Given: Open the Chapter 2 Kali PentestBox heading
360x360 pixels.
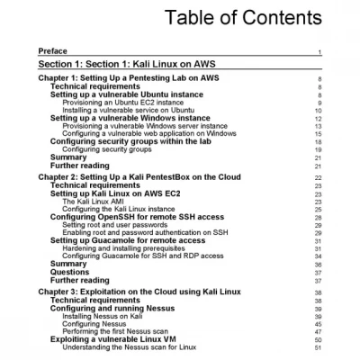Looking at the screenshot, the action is (144, 177).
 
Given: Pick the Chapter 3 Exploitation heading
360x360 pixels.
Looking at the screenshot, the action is (139, 292).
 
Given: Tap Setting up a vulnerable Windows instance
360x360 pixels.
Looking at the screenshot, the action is (130, 118).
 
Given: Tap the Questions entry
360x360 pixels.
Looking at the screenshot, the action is (69, 272).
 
